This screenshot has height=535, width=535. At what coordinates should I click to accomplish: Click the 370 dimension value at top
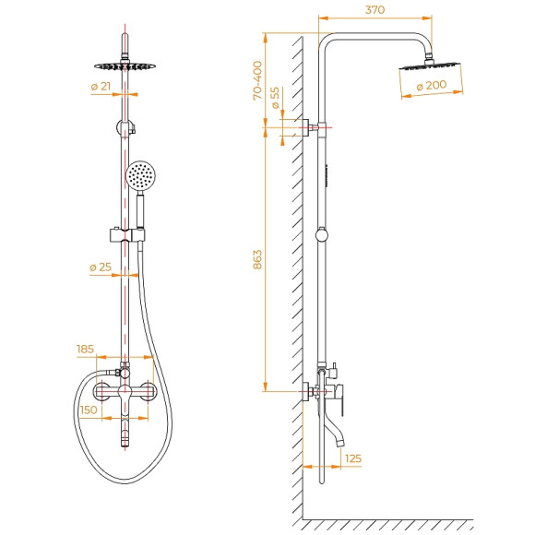[x=374, y=10]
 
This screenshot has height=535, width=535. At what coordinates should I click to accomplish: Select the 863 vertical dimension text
[x=257, y=260]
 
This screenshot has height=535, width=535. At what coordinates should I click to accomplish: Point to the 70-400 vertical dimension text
[x=257, y=80]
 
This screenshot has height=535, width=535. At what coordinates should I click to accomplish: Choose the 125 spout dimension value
[x=351, y=458]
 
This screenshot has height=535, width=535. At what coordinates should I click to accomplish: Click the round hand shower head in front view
[x=140, y=174]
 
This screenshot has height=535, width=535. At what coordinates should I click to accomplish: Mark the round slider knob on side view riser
[x=320, y=236]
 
